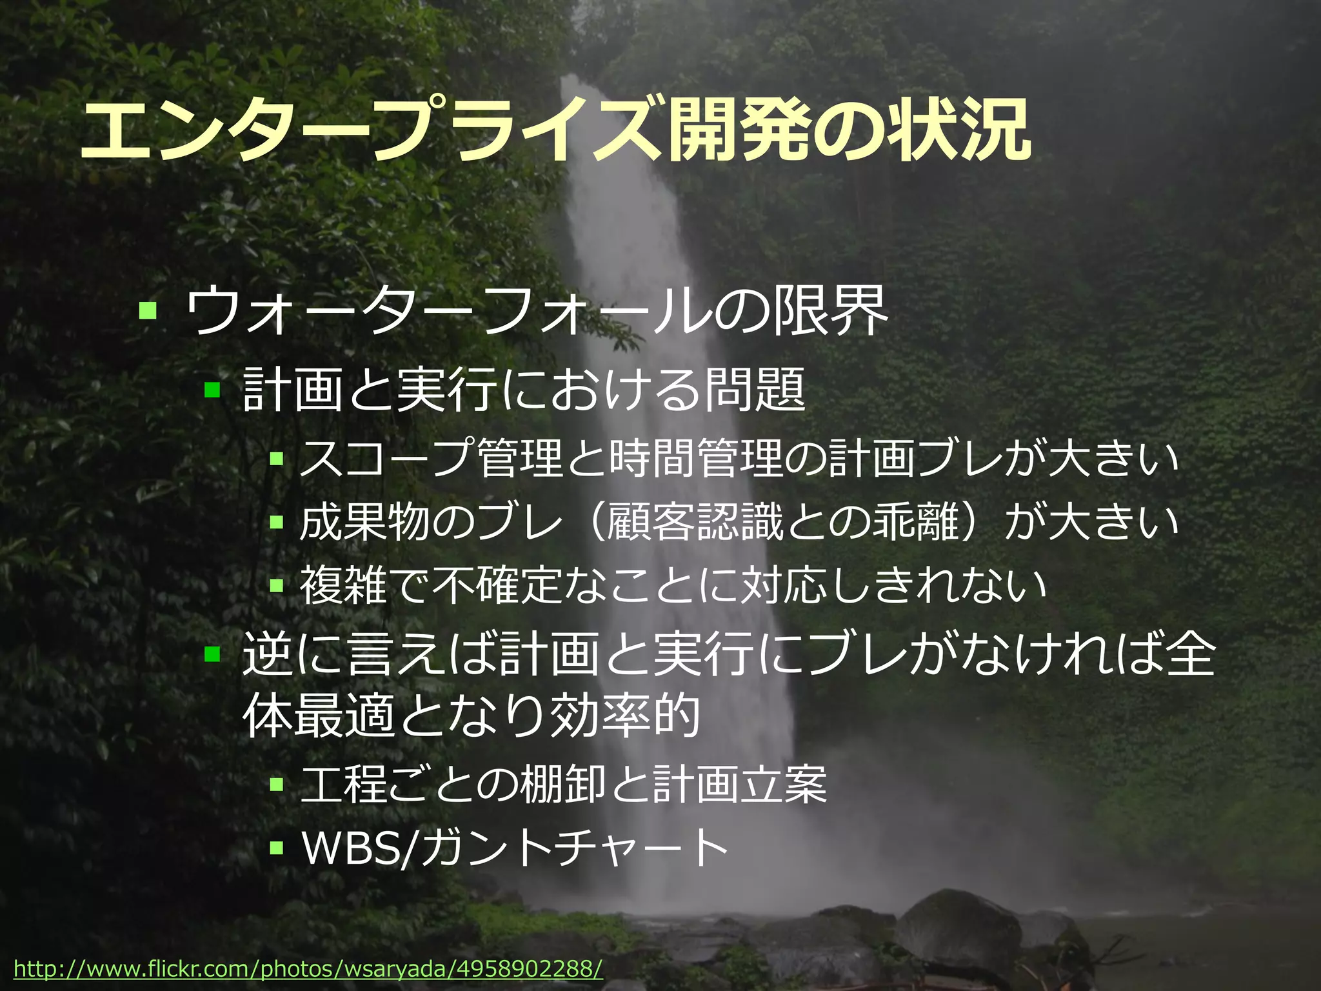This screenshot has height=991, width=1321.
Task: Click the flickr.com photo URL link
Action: (308, 968)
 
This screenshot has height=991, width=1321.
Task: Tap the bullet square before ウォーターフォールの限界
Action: (148, 310)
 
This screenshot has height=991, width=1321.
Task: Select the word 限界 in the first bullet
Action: (830, 312)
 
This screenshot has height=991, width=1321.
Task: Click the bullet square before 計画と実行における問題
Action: (212, 389)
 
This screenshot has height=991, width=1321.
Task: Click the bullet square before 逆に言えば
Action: (212, 655)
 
